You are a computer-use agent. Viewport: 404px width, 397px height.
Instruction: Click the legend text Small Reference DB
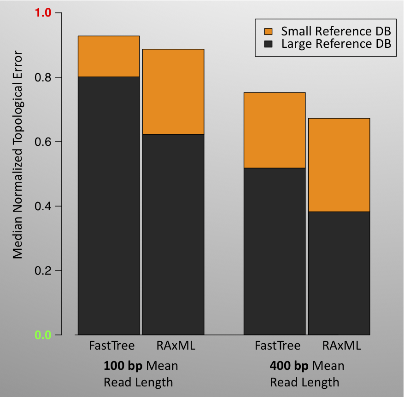point(336,32)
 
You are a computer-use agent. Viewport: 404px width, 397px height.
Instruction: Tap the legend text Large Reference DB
point(336,44)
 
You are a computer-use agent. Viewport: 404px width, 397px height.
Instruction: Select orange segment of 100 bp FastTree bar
point(109,56)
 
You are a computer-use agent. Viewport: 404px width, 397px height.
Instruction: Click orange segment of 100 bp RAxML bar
point(173,91)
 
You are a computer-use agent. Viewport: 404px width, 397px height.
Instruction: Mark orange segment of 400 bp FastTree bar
point(275,130)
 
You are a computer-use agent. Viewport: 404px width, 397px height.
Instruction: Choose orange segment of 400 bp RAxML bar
point(339,165)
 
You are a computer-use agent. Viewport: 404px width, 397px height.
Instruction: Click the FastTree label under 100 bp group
point(111,346)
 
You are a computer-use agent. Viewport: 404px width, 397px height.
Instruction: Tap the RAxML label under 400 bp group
point(342,346)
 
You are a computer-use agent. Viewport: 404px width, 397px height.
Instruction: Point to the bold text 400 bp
point(289,366)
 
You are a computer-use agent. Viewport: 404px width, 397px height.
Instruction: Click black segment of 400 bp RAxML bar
point(339,273)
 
